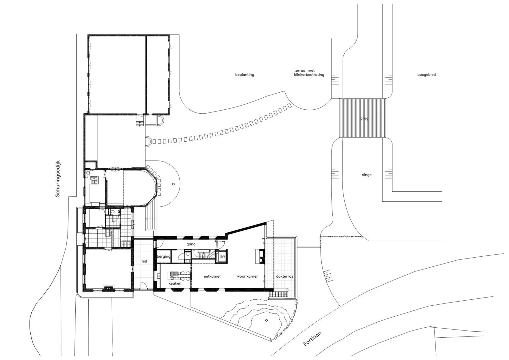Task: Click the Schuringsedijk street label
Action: pyautogui.click(x=58, y=178)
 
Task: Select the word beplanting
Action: pyautogui.click(x=244, y=74)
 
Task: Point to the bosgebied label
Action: pyautogui.click(x=426, y=74)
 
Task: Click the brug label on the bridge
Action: pyautogui.click(x=364, y=118)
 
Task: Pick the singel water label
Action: pyautogui.click(x=367, y=175)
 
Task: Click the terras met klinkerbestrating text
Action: pyautogui.click(x=309, y=73)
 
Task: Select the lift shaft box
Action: pyautogui.click(x=221, y=256)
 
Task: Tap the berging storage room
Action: pyautogui.click(x=163, y=256)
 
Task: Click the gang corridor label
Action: pyautogui.click(x=191, y=244)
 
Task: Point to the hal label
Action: pyautogui.click(x=144, y=261)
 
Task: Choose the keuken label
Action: pyautogui.click(x=175, y=283)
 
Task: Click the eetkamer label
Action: pyautogui.click(x=212, y=276)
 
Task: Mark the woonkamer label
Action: pyautogui.click(x=248, y=276)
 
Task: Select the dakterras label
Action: pyautogui.click(x=284, y=276)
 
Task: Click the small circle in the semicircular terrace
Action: pyautogui.click(x=173, y=184)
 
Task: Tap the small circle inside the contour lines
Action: pyautogui.click(x=266, y=320)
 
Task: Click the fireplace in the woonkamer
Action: pyautogui.click(x=260, y=256)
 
